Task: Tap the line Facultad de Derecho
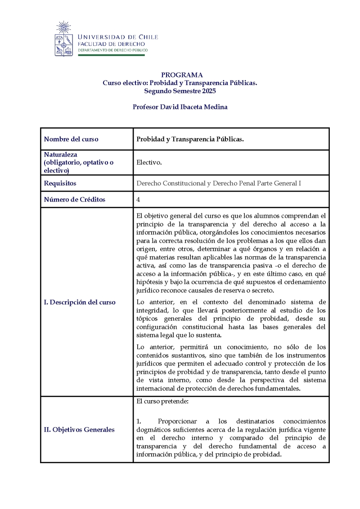(111, 44)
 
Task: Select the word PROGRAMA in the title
(182, 75)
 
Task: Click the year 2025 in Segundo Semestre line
(209, 91)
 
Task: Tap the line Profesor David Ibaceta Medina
(180, 107)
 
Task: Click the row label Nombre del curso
(71, 139)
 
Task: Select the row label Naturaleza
(61, 154)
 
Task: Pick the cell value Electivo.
(149, 162)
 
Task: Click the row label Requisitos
(60, 183)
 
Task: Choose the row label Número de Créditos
(74, 199)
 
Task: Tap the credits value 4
(138, 199)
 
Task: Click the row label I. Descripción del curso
(80, 302)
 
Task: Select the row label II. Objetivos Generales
(79, 429)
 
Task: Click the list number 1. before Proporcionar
(139, 421)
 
